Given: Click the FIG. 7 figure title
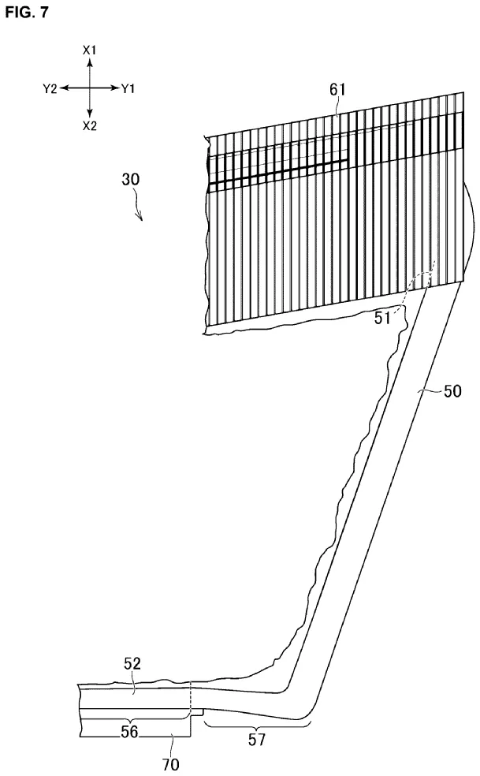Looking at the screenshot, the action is tap(27, 12).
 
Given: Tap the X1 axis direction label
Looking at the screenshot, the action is tap(90, 50).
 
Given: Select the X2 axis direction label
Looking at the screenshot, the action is tap(90, 125).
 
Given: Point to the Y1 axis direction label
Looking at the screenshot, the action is tap(128, 88).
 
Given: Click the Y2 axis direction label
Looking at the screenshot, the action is tap(50, 88).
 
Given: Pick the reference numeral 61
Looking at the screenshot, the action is tap(337, 90).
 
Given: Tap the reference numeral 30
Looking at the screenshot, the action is tap(130, 179).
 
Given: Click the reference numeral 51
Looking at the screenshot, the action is tap(382, 318).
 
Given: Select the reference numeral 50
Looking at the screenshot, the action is tap(452, 391).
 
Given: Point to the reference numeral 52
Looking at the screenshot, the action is tap(132, 664).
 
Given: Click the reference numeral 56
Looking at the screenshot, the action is tap(129, 731).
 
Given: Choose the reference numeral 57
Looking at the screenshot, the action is tap(257, 740).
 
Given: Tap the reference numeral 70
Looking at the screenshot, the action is tap(171, 764).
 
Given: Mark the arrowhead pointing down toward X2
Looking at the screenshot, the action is tap(90, 114).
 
